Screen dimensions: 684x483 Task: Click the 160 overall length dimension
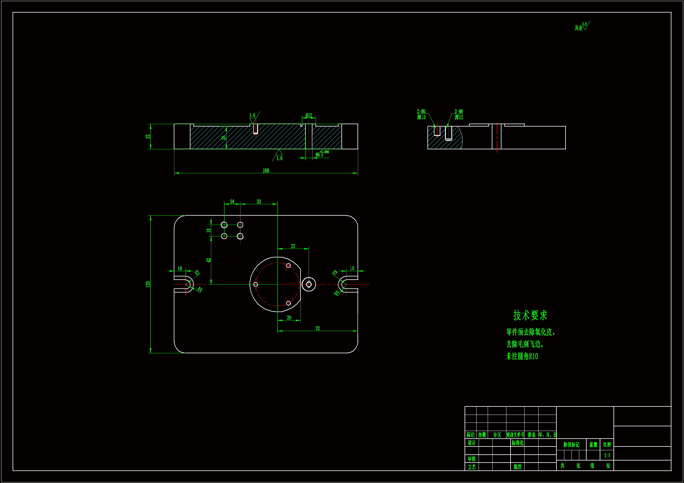[x=266, y=171]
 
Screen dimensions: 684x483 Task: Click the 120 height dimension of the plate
[x=148, y=284]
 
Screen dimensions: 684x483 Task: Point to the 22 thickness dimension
[x=148, y=136]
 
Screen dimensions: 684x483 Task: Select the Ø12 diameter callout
[x=309, y=115]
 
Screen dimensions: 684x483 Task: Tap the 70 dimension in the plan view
[x=318, y=328]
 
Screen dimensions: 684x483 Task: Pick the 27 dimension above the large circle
[x=293, y=246]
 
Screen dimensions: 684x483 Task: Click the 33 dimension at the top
[x=259, y=202]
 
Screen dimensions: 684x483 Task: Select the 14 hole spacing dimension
[x=232, y=202]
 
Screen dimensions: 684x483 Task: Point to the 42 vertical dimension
[x=209, y=260]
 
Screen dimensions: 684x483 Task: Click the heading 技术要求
[x=530, y=316]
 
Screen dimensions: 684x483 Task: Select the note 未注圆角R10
[x=522, y=356]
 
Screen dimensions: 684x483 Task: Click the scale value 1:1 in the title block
[x=607, y=456]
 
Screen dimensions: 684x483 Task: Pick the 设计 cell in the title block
[x=472, y=443]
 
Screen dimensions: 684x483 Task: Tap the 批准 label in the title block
[x=518, y=467]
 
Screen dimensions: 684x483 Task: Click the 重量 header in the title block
[x=593, y=445]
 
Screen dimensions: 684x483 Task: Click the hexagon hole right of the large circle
[x=309, y=285]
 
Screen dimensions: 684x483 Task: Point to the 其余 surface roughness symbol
[x=582, y=27]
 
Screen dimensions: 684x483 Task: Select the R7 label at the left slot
[x=197, y=273]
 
